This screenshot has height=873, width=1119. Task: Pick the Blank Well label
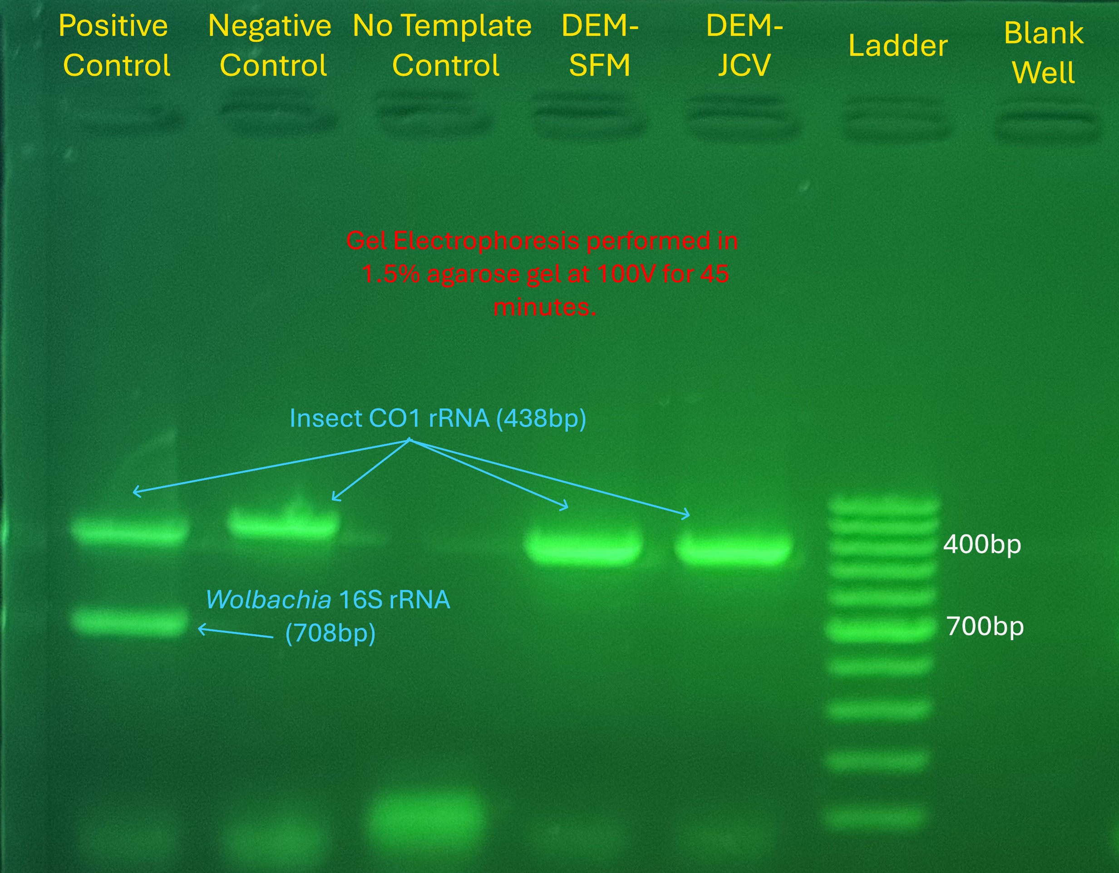[1044, 53]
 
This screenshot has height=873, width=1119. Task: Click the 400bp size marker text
[982, 544]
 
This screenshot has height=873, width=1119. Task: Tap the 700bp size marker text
[985, 626]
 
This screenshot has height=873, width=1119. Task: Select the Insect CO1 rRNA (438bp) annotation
[438, 419]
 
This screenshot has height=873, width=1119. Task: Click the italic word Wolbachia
[268, 599]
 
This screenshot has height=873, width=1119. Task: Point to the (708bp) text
[330, 634]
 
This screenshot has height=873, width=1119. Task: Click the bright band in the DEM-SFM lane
[583, 547]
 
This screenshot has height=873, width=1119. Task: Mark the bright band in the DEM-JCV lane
[733, 549]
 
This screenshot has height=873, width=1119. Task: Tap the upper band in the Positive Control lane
[130, 530]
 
